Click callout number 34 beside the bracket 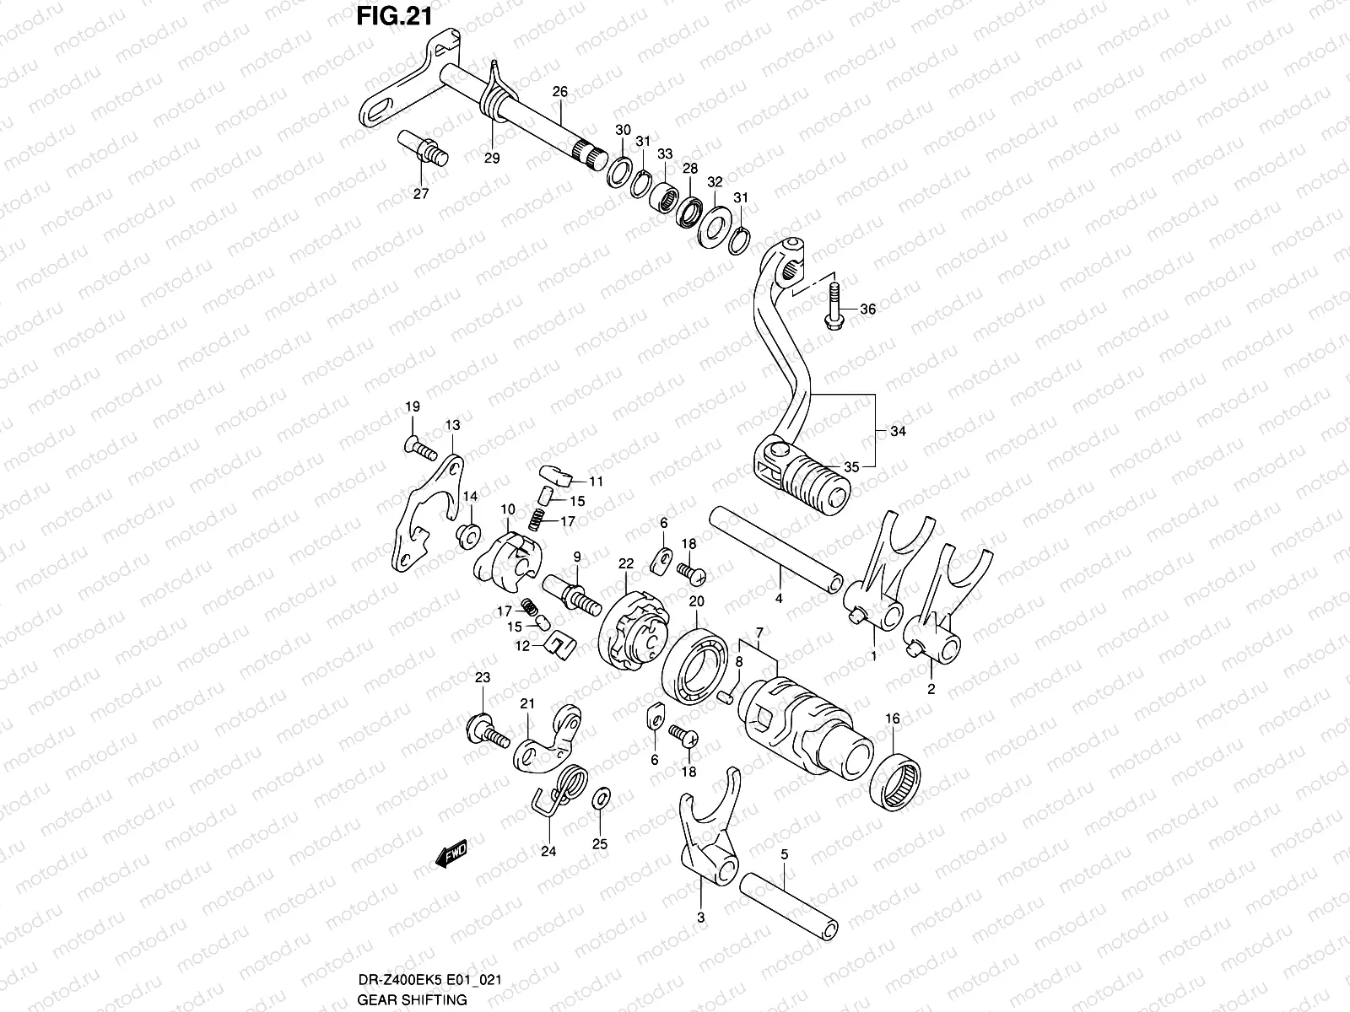click(897, 431)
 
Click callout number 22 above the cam click(625, 564)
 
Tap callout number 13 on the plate click(453, 425)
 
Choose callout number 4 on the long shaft click(778, 598)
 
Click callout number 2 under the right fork click(931, 688)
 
